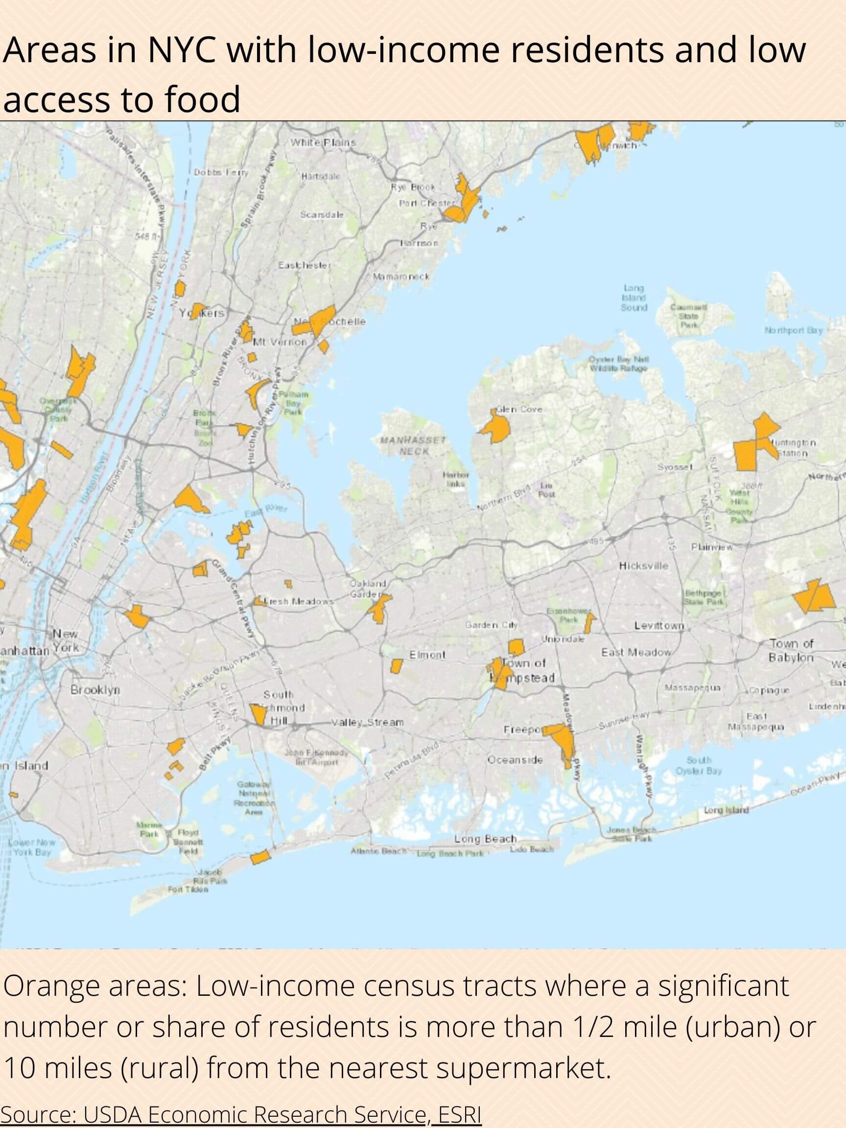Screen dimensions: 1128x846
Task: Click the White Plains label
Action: pyautogui.click(x=323, y=142)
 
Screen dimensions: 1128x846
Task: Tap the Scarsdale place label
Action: pyautogui.click(x=322, y=215)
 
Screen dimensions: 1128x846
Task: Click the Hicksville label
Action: pyautogui.click(x=643, y=565)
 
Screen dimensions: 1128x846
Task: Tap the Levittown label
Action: pyautogui.click(x=659, y=626)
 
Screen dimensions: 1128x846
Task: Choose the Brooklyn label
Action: pyautogui.click(x=95, y=690)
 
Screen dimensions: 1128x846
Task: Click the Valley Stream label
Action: pyautogui.click(x=367, y=722)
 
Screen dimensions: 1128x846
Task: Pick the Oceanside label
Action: pyautogui.click(x=515, y=760)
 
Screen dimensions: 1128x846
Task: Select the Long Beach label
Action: pyautogui.click(x=486, y=839)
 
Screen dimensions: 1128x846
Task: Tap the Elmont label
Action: pyautogui.click(x=427, y=655)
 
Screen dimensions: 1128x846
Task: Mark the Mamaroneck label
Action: pyautogui.click(x=401, y=277)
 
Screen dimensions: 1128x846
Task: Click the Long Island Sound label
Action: pyautogui.click(x=634, y=298)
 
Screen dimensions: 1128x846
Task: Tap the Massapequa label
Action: pyautogui.click(x=692, y=688)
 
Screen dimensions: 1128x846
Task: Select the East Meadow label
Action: pyautogui.click(x=636, y=652)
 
